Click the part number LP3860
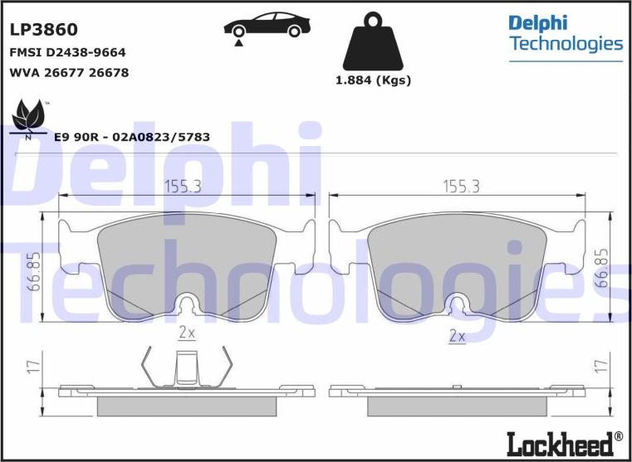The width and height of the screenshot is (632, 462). [43, 30]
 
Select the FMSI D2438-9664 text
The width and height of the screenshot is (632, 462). [67, 53]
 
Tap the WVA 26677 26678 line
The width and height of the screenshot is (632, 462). [69, 73]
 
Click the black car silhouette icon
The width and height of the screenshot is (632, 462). [267, 24]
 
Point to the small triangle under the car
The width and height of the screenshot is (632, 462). [238, 43]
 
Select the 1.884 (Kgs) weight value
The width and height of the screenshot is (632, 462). [373, 80]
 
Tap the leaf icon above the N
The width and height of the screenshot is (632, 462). [27, 114]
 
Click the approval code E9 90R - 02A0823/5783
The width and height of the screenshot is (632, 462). [132, 137]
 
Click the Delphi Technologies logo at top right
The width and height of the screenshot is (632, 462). [566, 37]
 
